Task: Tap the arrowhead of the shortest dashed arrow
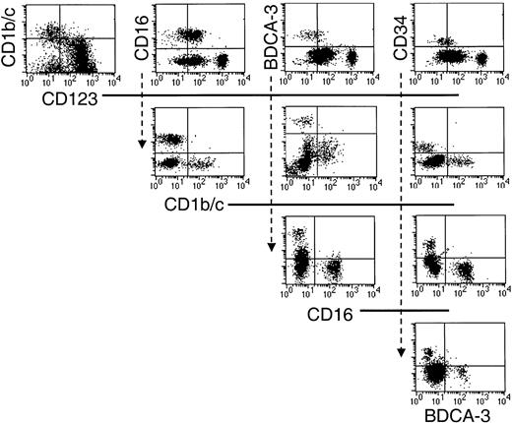[x=143, y=145]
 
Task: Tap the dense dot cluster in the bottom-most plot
[x=433, y=373]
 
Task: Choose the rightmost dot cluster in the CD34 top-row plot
[x=481, y=59]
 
